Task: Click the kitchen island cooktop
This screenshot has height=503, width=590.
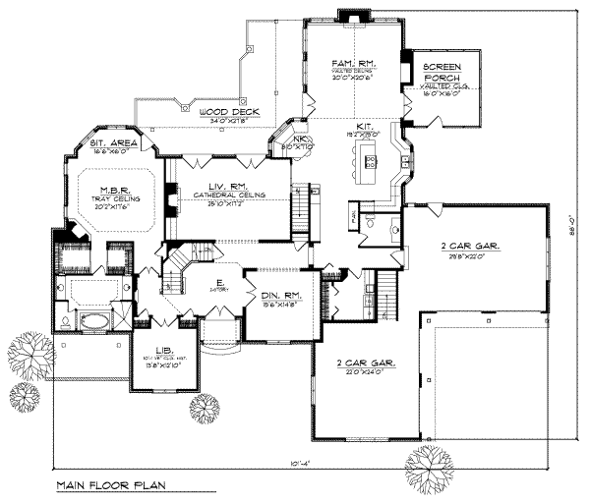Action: tap(371, 162)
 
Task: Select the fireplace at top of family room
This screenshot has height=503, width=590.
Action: tap(350, 14)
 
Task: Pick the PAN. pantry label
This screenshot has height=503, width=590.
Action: tap(351, 212)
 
